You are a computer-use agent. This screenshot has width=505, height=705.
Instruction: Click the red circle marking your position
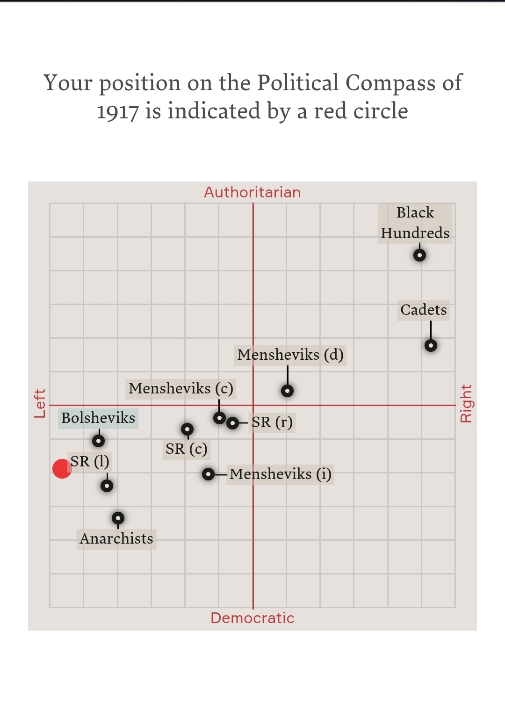[62, 468]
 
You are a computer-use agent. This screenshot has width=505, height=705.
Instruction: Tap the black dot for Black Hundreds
[419, 255]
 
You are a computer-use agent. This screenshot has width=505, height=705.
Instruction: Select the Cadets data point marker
[431, 345]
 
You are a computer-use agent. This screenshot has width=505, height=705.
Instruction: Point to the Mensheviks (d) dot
[287, 390]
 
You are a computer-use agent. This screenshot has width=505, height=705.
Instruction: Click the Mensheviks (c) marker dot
[219, 418]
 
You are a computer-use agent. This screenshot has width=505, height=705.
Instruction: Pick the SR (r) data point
[232, 423]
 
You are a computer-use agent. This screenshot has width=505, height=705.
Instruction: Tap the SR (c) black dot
[187, 429]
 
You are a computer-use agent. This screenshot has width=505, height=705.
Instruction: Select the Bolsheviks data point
[98, 441]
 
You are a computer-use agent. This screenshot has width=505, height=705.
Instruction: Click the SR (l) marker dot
[107, 486]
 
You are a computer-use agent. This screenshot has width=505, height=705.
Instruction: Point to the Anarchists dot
[118, 518]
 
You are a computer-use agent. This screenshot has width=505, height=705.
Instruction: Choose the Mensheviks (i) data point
[208, 474]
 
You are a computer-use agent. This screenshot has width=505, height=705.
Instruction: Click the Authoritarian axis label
[252, 192]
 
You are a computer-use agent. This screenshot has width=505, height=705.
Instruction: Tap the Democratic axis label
[252, 618]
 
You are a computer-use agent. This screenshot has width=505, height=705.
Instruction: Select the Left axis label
[40, 403]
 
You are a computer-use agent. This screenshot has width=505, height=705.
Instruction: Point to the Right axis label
[466, 403]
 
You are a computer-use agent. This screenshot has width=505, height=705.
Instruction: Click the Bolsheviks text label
[98, 418]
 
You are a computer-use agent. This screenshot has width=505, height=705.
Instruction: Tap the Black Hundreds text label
[415, 223]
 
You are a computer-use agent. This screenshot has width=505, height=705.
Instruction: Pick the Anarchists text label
[116, 538]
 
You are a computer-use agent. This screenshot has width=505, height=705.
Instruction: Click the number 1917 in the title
[117, 112]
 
